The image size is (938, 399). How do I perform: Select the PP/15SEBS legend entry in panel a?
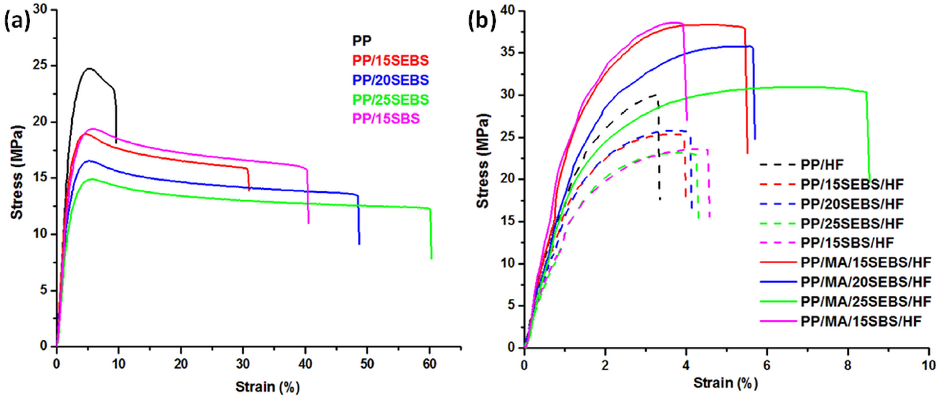click(390, 60)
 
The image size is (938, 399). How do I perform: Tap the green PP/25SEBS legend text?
click(390, 99)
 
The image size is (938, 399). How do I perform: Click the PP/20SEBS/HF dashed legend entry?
click(852, 204)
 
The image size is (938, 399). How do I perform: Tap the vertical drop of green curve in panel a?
click(431, 233)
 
